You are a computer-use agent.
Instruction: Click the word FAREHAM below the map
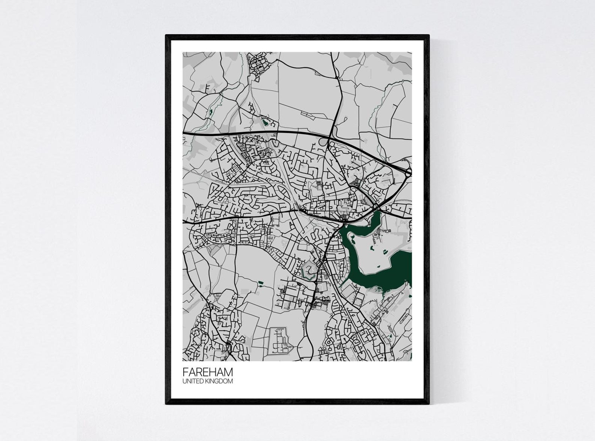pos(208,372)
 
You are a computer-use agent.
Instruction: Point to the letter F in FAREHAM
pos(185,372)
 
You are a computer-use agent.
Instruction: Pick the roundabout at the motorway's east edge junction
pos(408,172)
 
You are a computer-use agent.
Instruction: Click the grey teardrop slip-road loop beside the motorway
pos(323,142)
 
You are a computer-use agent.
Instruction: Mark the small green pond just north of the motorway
pos(266,121)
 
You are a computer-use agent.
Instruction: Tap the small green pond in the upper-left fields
pos(211,111)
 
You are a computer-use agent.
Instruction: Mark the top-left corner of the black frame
pos(166,35)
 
